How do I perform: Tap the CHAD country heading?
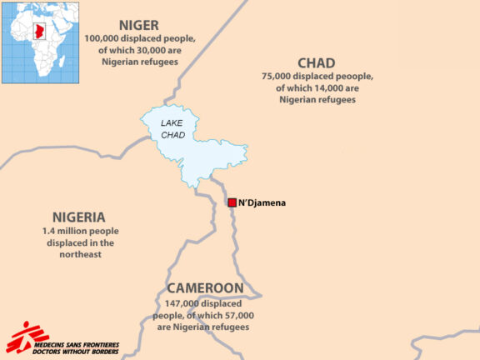(316, 63)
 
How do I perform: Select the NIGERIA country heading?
(78, 216)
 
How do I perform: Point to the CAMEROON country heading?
(205, 288)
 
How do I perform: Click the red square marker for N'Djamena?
(232, 202)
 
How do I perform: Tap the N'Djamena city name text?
(266, 202)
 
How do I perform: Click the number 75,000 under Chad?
(279, 77)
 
